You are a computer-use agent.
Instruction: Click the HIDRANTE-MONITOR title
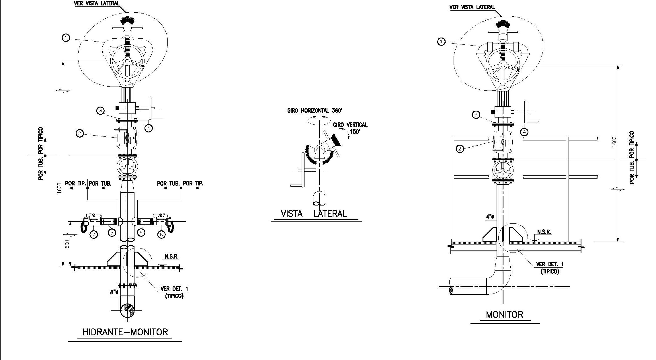(125, 332)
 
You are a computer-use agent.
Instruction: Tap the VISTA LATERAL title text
(314, 214)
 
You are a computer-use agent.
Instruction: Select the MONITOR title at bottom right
(505, 315)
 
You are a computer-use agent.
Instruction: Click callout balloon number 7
(93, 234)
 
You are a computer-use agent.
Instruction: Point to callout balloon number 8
(161, 234)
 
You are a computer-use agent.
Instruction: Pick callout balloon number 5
(112, 232)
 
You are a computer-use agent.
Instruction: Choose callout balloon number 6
(141, 232)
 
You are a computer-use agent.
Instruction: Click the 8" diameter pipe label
(114, 293)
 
